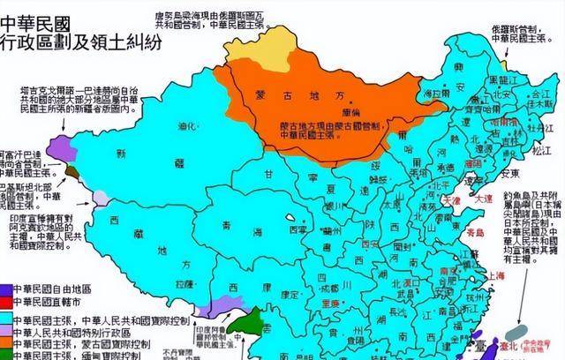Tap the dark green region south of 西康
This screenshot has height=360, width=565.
point(252,322)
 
